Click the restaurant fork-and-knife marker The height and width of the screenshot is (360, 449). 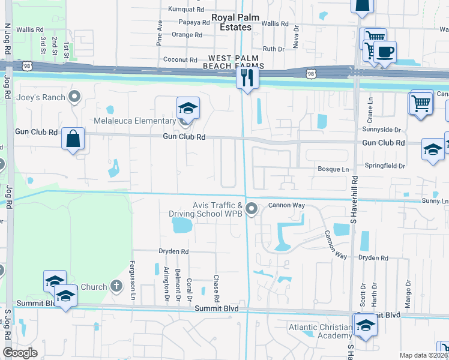click(x=247, y=77)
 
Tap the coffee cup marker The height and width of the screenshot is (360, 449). click(x=387, y=51)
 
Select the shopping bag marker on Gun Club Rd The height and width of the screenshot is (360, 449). click(x=73, y=139)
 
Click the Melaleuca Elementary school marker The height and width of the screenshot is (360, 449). click(x=188, y=108)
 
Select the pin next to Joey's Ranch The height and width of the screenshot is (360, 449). click(x=74, y=96)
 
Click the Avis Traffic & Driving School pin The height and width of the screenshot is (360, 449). click(x=252, y=209)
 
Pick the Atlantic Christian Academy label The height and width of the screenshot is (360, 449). click(x=321, y=331)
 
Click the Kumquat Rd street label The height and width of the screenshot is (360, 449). click(x=186, y=10)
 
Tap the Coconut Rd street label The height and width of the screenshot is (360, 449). click(x=180, y=60)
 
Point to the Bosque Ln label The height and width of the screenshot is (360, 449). click(x=333, y=170)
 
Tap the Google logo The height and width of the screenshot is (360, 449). click(x=20, y=353)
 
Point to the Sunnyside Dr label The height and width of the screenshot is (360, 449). click(x=381, y=130)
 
